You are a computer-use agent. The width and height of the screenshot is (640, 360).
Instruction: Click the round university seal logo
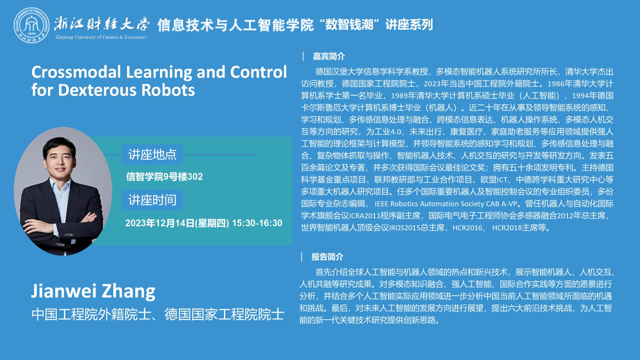[31, 26]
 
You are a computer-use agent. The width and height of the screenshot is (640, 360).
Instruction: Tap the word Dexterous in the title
[98, 90]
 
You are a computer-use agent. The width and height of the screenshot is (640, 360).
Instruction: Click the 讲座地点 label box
[152, 155]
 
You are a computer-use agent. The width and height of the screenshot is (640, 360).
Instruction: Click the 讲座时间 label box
[152, 200]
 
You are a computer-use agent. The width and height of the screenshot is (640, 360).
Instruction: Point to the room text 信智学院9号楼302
[164, 177]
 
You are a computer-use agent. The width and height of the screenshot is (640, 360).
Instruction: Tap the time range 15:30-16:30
[257, 223]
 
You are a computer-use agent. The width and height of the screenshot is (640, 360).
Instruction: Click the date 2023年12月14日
[160, 223]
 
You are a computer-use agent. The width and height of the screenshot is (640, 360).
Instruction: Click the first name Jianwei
[64, 291]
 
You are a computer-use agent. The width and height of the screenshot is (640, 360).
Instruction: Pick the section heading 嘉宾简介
[329, 57]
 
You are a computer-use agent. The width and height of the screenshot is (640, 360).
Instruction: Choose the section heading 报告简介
[327, 257]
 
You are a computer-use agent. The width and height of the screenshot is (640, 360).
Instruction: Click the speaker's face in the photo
[60, 160]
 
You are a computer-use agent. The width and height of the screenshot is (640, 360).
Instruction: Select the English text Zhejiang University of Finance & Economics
[101, 37]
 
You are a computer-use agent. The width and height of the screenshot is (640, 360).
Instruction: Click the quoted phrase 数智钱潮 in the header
[349, 25]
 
